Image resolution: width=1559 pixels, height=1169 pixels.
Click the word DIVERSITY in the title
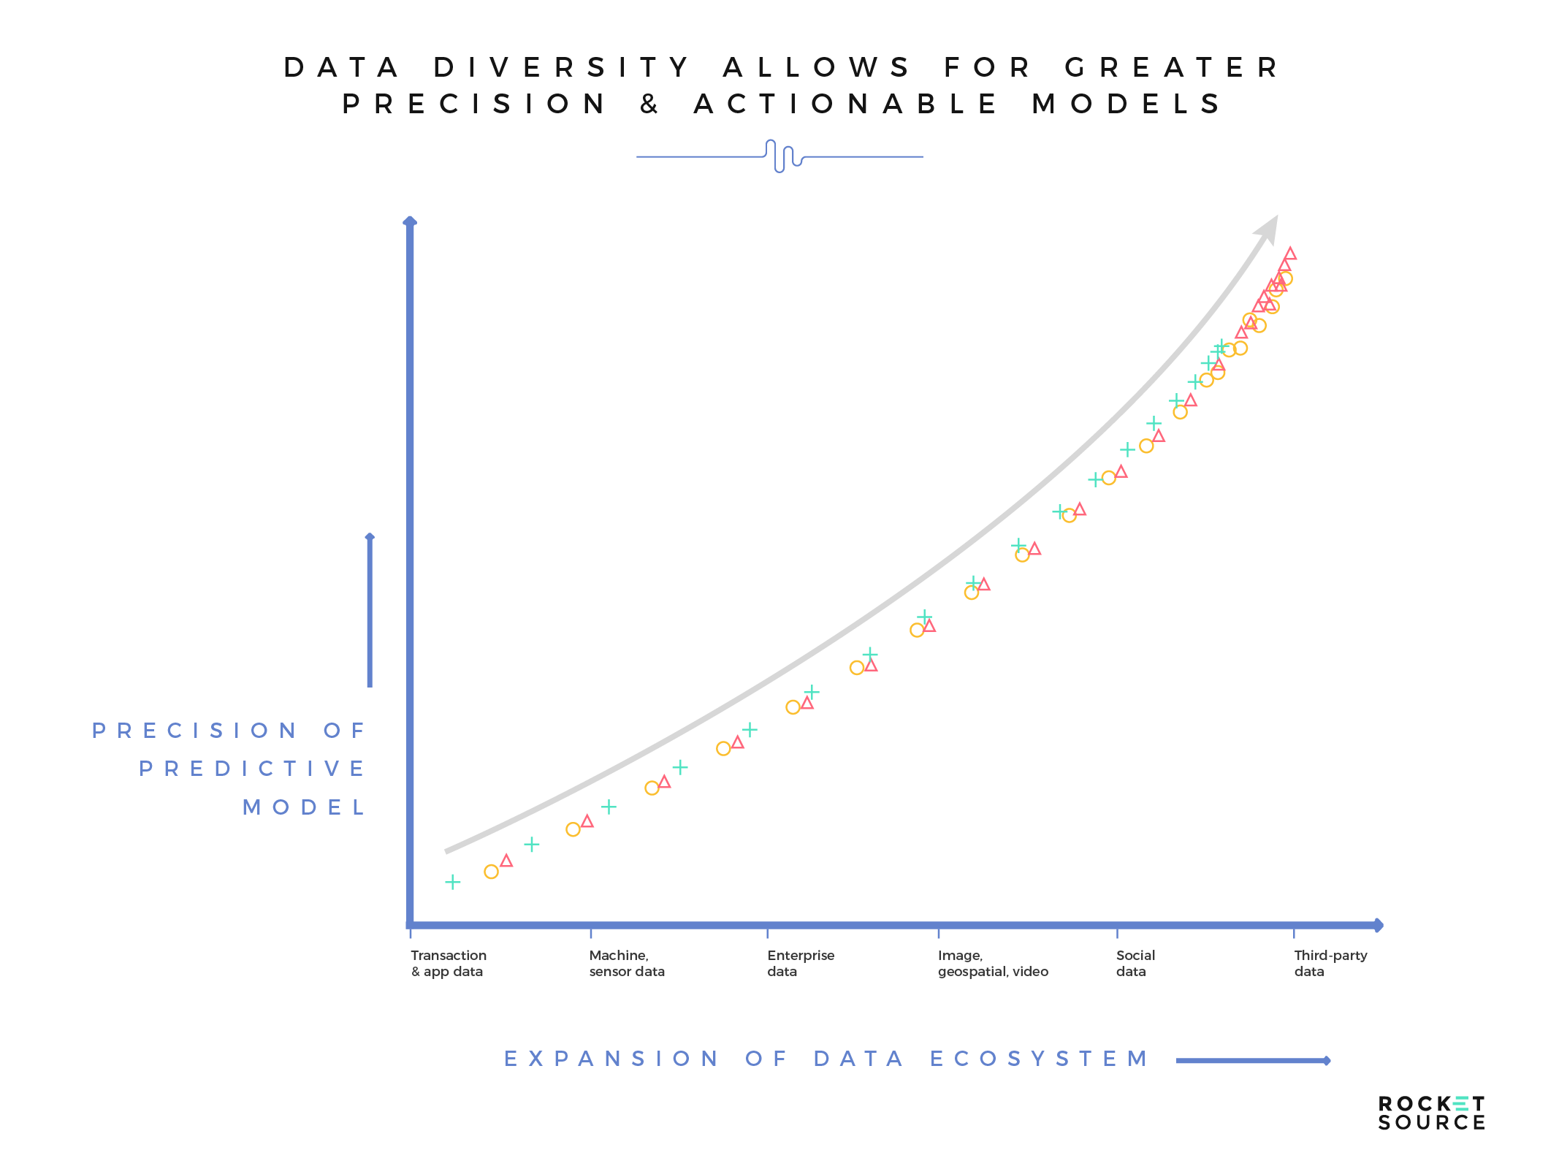click(x=561, y=67)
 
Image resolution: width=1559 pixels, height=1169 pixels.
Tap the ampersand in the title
click(x=649, y=104)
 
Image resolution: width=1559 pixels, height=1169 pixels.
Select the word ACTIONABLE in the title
click(x=846, y=104)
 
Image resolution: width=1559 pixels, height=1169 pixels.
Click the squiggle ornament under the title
click(x=780, y=156)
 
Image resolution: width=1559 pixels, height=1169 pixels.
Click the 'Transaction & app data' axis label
click(x=448, y=963)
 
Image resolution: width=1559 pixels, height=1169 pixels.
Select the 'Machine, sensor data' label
click(x=626, y=963)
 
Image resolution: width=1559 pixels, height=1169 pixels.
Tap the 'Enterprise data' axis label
click(x=800, y=963)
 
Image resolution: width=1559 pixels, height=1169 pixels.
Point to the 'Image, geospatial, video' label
click(x=992, y=963)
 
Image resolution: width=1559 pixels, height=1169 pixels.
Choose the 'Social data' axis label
click(x=1135, y=963)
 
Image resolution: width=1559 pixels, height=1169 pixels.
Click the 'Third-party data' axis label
click(x=1330, y=963)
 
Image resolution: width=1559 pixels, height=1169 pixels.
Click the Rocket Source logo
click(x=1430, y=1113)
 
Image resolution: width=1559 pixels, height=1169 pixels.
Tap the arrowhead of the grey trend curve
click(x=1268, y=229)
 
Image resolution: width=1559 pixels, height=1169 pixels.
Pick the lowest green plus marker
click(x=453, y=882)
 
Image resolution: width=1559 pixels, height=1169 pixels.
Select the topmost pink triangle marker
click(x=1290, y=254)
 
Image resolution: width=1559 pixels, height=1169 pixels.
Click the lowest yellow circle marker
click(x=491, y=872)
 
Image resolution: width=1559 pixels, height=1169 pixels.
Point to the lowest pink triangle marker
click(x=506, y=861)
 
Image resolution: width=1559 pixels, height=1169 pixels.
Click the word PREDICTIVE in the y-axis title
click(x=251, y=769)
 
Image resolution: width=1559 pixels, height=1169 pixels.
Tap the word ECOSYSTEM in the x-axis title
click(x=1039, y=1059)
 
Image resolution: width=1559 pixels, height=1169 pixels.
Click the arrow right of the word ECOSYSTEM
click(x=1252, y=1060)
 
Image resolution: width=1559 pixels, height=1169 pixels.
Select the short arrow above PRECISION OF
click(x=370, y=610)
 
